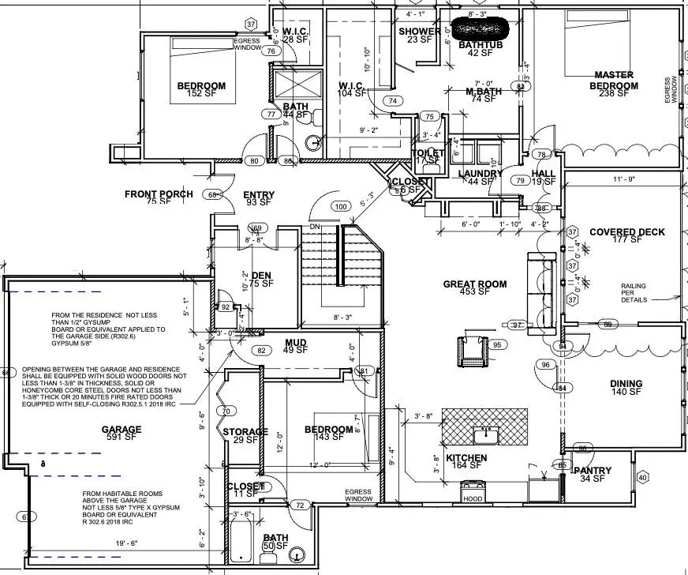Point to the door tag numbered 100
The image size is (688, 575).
pos(341,206)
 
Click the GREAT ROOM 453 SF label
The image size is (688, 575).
pos(474,288)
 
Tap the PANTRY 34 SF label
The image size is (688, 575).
pos(596,475)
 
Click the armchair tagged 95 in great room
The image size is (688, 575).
pos(472,350)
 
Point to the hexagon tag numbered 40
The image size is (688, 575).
pos(642,477)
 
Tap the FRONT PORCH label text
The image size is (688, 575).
pos(159,194)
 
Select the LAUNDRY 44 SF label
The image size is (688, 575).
pos(480,178)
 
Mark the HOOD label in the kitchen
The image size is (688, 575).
pos(473,499)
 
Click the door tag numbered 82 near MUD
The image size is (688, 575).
pos(262,350)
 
